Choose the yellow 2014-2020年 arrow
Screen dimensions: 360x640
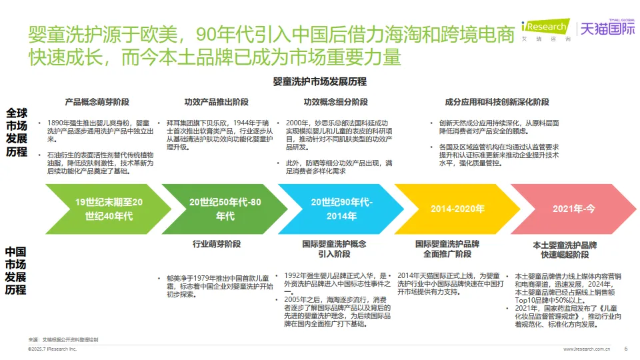pos(457,209)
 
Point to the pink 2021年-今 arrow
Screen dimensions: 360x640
pos(573,209)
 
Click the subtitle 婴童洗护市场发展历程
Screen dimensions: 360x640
pos(320,82)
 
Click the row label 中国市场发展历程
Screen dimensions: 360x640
pos(16,271)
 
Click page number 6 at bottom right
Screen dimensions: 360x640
pos(625,348)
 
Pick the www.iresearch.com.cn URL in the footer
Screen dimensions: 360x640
pos(587,349)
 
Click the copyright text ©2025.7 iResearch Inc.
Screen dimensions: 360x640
pos(53,349)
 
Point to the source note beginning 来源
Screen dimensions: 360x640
pos(63,340)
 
